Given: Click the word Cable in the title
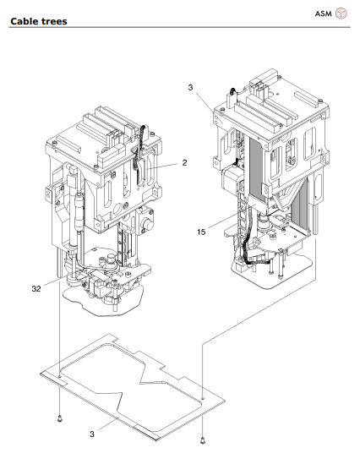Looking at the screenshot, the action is coord(24,21).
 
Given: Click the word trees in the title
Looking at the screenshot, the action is coord(53,21).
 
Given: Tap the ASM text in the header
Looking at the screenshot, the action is coord(323,14).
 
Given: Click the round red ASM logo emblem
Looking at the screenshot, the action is coord(341,14).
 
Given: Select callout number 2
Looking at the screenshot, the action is coord(184,162).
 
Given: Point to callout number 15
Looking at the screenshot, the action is coord(201,232).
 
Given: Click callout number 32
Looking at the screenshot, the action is coord(36,289).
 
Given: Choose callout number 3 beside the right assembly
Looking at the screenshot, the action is coord(190,88).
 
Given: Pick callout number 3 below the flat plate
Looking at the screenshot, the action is coord(92,434).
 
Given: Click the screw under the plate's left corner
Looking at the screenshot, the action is coord(60,419).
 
